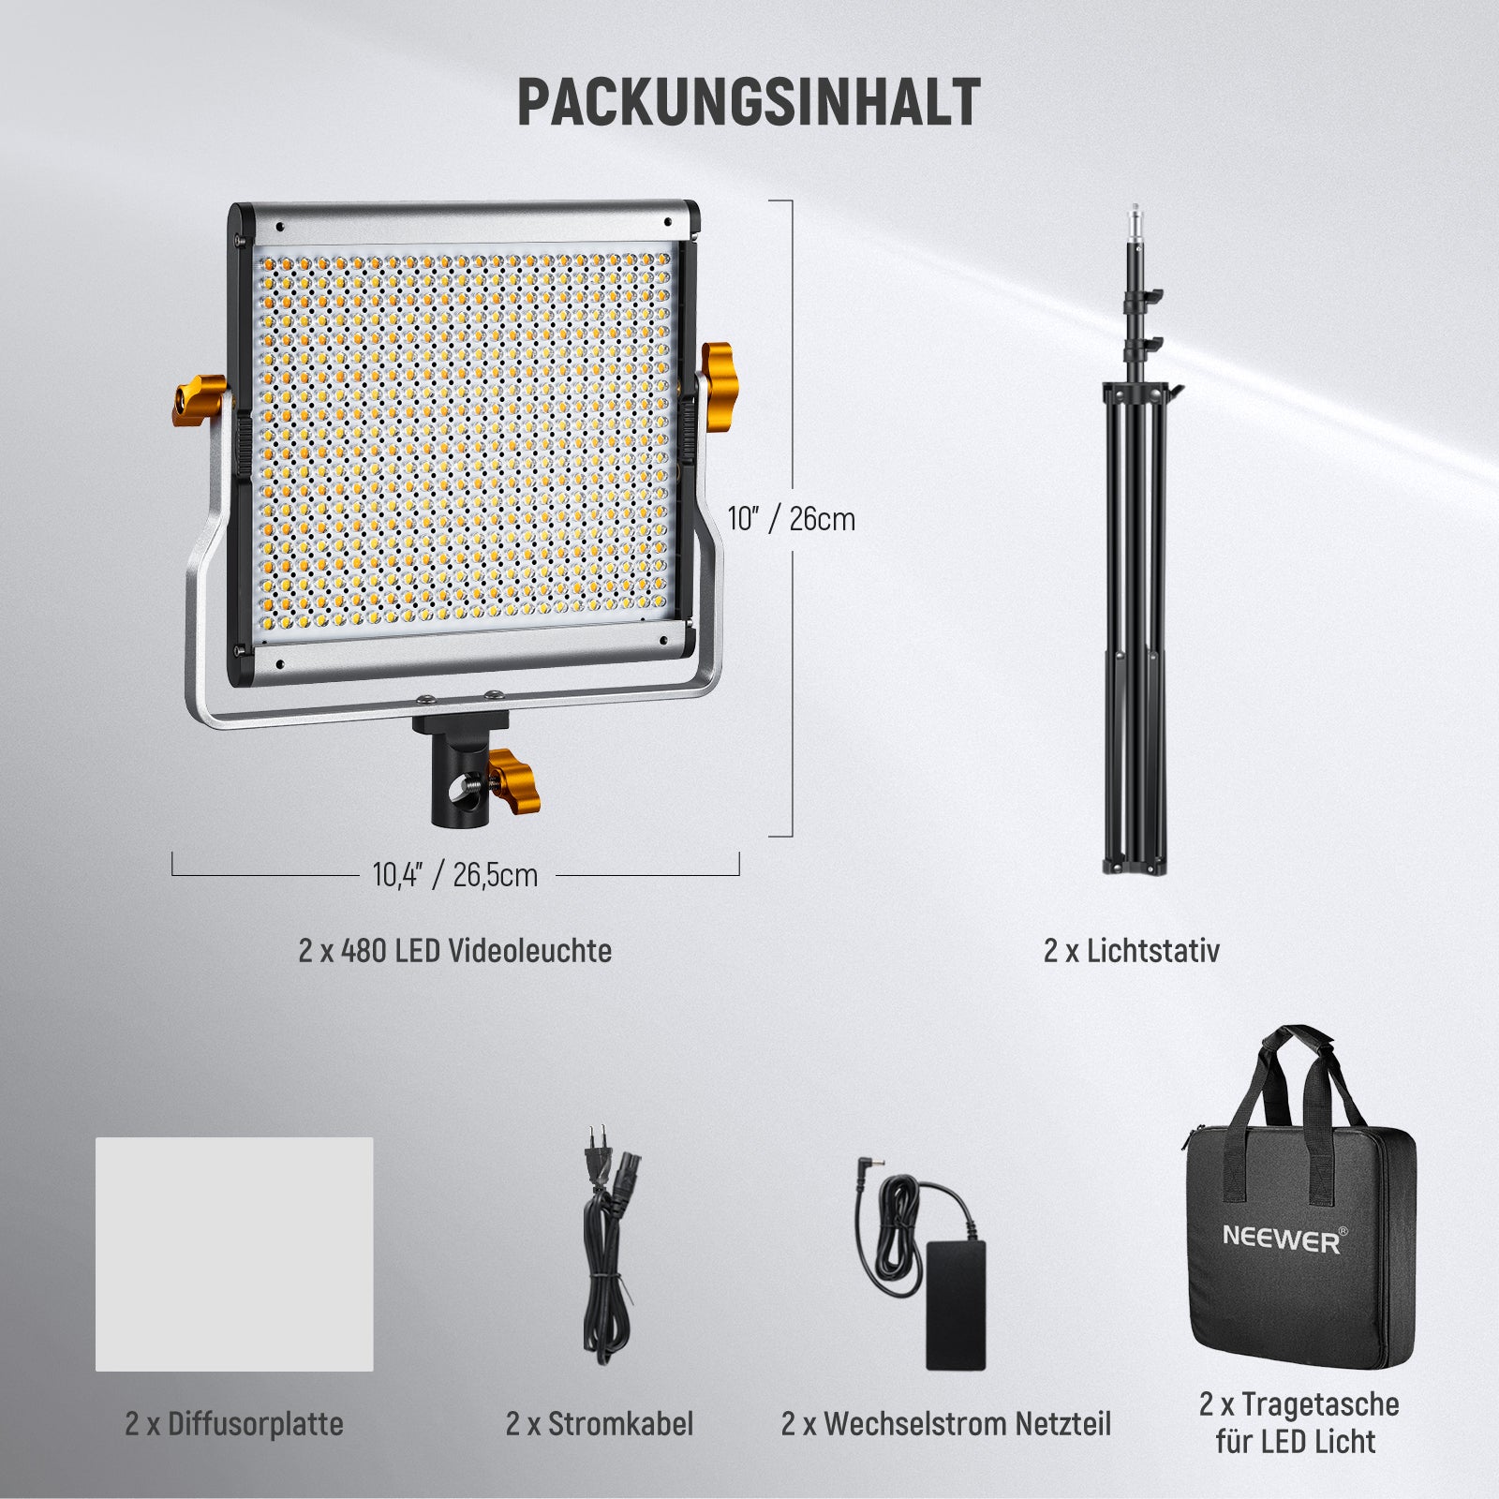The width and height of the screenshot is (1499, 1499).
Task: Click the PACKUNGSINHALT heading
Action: pos(749,102)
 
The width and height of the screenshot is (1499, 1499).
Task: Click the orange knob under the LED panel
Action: pos(514,780)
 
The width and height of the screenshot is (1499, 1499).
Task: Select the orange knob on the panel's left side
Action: pos(199,400)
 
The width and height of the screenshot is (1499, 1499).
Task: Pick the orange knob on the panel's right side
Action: pos(719,387)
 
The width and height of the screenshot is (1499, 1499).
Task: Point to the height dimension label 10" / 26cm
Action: pos(792,518)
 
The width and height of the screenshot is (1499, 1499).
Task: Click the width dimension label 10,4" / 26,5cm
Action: pos(455,875)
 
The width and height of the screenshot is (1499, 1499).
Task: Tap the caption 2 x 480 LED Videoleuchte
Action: pos(455,950)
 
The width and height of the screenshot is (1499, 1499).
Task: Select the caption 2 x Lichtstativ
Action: pos(1132,950)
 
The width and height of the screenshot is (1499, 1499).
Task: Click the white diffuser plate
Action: pos(234,1254)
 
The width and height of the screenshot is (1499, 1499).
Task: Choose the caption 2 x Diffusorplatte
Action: pos(234,1424)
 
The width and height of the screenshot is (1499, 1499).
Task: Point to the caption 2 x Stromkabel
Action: pos(600,1424)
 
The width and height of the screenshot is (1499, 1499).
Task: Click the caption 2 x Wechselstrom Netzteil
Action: pos(946,1424)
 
